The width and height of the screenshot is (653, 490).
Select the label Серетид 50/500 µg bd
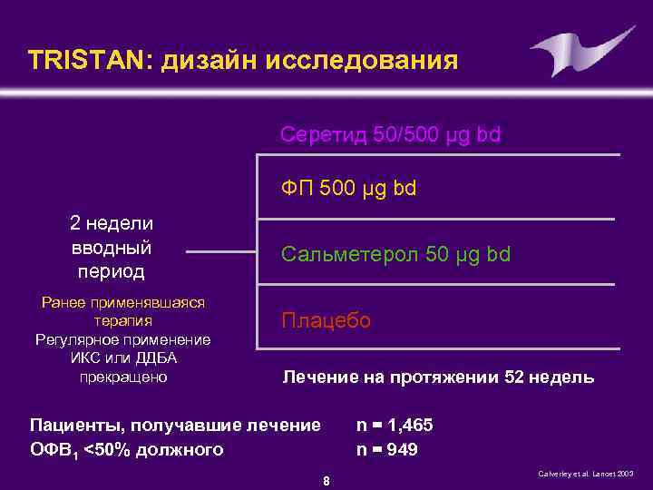tap(390, 135)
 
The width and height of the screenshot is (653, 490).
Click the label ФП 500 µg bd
tap(349, 191)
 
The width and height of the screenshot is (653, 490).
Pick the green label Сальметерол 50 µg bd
tap(396, 254)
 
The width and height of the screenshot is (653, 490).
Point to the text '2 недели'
tap(112, 223)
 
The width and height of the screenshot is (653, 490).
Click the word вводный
tap(111, 247)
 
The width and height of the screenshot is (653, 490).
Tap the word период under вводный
tap(111, 270)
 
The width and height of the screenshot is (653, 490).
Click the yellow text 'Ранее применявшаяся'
tap(123, 302)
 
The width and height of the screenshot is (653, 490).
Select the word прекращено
tap(123, 377)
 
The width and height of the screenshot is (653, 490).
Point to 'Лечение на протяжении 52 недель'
tap(438, 377)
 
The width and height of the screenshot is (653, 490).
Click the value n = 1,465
tap(395, 425)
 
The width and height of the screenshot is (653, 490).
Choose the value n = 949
tap(387, 448)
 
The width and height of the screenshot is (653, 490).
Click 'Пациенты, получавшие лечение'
tap(175, 425)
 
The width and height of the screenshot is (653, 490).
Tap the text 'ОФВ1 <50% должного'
tap(127, 449)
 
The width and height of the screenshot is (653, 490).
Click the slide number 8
tap(326, 480)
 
